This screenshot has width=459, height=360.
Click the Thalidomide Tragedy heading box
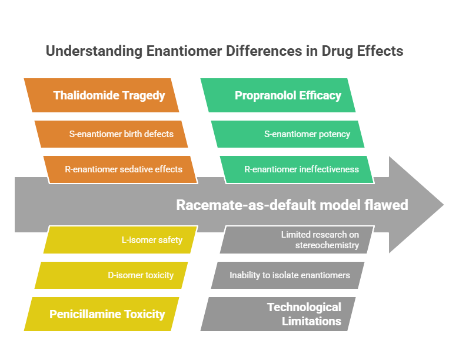[101, 95]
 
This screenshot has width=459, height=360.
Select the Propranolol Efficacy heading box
[278, 95]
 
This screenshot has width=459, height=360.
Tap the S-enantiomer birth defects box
[111, 134]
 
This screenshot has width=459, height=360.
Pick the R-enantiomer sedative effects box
[121, 169]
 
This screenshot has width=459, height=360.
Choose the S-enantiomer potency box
[288, 134]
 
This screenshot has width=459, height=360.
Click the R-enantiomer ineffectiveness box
[297, 169]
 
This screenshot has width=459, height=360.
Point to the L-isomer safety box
[121, 240]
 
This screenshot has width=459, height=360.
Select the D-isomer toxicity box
[111, 275]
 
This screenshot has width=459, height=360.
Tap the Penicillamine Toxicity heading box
[101, 314]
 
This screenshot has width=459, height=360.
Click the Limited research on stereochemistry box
[297, 240]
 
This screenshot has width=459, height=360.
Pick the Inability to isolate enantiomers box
[288, 275]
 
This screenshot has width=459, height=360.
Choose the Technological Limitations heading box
[278, 314]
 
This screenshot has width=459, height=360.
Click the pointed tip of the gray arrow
[444, 205]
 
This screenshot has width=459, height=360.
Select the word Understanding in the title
[94, 51]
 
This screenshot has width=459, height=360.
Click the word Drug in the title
[338, 51]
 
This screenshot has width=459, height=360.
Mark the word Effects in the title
[380, 51]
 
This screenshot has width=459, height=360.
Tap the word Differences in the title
[264, 51]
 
